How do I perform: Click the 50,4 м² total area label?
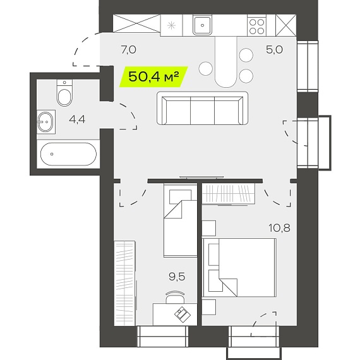click(153, 76)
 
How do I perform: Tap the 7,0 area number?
click(129, 50)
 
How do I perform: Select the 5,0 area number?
click(274, 50)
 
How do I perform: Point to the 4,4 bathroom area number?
click(77, 119)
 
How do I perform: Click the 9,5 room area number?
click(177, 277)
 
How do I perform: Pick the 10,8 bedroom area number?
click(279, 228)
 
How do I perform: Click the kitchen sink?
click(202, 25)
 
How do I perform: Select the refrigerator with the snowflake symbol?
click(171, 25)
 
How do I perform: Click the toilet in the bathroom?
click(64, 93)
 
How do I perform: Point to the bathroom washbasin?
click(45, 122)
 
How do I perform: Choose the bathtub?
click(68, 154)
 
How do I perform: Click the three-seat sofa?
click(202, 108)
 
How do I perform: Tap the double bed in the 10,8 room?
click(239, 268)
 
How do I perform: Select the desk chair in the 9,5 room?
click(175, 297)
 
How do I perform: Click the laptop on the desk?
click(183, 315)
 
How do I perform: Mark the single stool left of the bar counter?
click(206, 68)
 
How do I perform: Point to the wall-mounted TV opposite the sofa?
click(201, 177)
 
